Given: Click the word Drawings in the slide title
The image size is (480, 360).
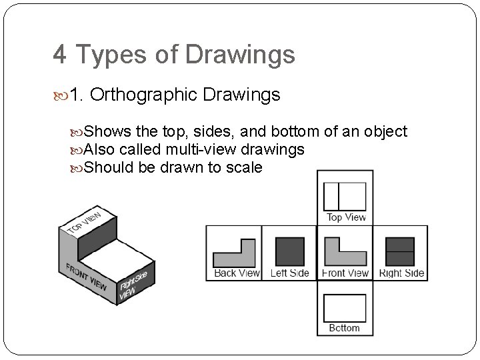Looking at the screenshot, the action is (240, 55).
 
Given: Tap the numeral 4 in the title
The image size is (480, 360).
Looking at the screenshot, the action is (60, 55).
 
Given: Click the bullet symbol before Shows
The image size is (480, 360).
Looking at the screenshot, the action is (76, 133).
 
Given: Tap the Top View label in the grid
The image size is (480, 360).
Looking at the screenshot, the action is (346, 217).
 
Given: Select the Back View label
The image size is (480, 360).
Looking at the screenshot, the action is (237, 273).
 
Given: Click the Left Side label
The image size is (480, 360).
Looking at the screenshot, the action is (289, 273).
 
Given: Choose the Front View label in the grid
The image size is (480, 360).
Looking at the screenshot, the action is (345, 273).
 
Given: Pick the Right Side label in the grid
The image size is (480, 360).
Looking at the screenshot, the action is (401, 273).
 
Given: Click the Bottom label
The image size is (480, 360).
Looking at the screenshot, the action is (345, 328).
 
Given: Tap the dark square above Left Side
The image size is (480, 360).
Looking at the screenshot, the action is (290, 251).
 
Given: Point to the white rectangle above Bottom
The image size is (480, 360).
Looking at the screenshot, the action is (345, 308).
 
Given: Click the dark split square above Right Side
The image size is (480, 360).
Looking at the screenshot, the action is (400, 251).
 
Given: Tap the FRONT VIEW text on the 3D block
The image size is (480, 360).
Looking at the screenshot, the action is (86, 277).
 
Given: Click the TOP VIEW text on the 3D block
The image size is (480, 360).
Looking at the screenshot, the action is (85, 222).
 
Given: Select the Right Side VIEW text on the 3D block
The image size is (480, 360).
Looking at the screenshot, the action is (133, 285).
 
